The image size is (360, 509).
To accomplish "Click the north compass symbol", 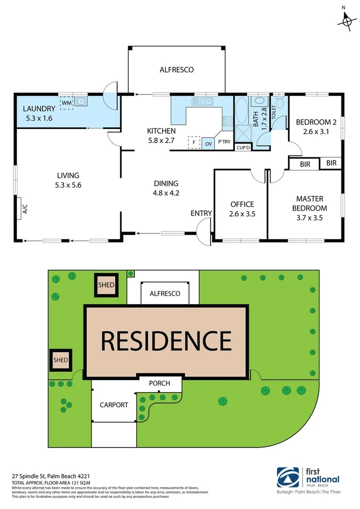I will click(x=345, y=20).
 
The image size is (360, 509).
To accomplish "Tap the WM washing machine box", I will click(x=66, y=102).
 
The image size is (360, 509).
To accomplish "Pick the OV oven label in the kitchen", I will click(x=208, y=143).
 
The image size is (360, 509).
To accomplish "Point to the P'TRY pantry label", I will click(x=224, y=142).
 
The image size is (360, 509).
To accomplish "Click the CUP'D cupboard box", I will click(x=243, y=147).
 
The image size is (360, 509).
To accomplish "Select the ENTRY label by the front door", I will click(x=201, y=213).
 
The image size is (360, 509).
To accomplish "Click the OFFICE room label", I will click(x=242, y=204).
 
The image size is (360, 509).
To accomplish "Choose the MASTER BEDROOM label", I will click(x=310, y=203).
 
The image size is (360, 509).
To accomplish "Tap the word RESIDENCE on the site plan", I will click(x=166, y=340).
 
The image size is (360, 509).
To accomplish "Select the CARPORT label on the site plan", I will click(x=114, y=405).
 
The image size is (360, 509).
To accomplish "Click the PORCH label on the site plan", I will click(x=159, y=383).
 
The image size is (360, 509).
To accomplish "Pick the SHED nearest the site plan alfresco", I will click(x=106, y=285).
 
